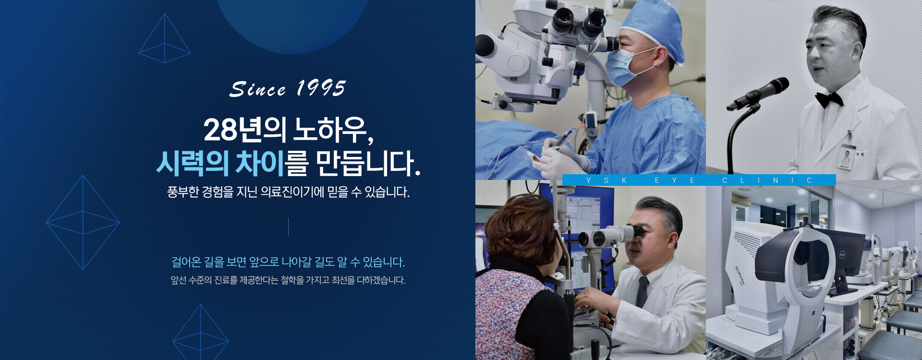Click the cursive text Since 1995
point(287,89)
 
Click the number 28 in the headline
point(220,130)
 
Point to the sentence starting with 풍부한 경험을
point(288,192)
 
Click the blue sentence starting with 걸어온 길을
point(288,262)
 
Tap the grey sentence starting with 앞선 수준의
point(288,280)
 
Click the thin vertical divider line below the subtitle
point(288,227)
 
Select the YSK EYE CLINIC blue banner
point(699,180)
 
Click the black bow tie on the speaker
point(829,99)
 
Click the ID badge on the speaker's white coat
point(849,157)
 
